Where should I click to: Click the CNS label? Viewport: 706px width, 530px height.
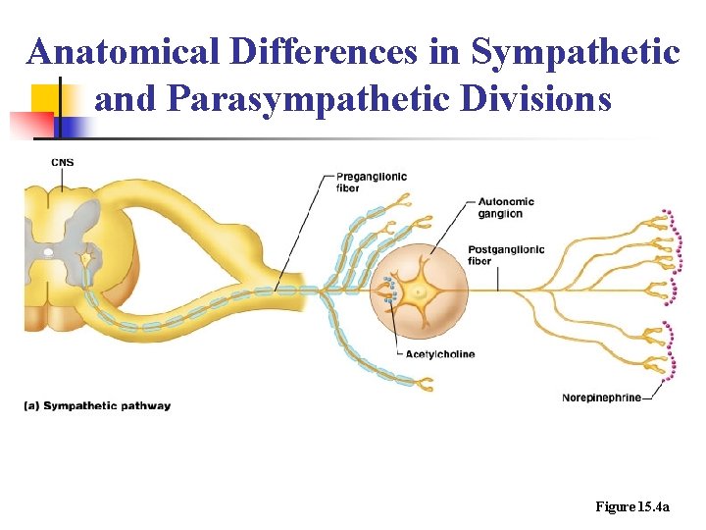click(x=62, y=162)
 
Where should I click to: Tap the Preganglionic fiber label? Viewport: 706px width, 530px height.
click(x=371, y=182)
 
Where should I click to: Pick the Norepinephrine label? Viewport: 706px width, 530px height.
click(x=601, y=397)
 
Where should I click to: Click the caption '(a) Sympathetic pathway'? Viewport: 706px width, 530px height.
click(x=97, y=405)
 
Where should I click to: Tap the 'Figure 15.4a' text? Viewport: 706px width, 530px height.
click(x=632, y=506)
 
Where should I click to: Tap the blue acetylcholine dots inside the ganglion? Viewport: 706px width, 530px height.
click(x=390, y=290)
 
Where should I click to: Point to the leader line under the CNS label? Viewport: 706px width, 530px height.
click(x=63, y=179)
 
